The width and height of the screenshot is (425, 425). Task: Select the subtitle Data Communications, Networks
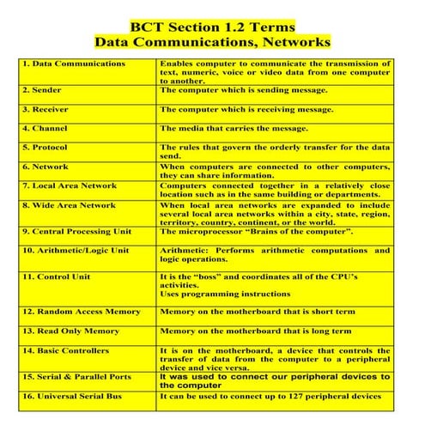coord(212,41)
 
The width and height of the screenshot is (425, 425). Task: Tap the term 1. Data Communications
coord(74,64)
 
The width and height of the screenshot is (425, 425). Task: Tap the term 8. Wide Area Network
coord(69,206)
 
